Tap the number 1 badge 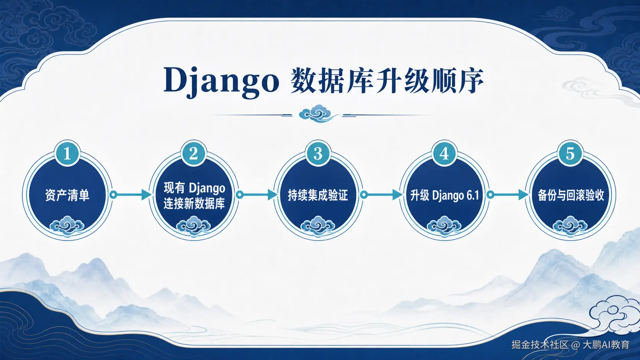[x=67, y=153]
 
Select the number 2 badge [x=193, y=153]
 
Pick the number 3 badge [x=318, y=153]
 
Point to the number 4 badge [x=444, y=153]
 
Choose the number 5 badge [x=570, y=153]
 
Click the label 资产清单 [x=67, y=195]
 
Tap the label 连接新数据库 [x=194, y=203]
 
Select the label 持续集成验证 [x=318, y=195]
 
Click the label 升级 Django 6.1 [x=444, y=195]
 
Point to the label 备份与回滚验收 [x=571, y=195]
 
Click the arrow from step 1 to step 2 [x=131, y=195]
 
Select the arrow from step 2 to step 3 [x=256, y=195]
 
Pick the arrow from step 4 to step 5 [x=508, y=195]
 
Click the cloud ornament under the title [x=318, y=113]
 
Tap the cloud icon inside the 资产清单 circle [x=67, y=226]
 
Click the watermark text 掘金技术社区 [x=540, y=345]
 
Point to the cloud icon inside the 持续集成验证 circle [x=318, y=226]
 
